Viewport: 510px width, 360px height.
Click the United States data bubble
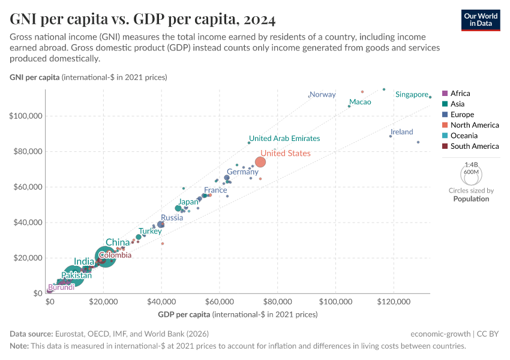click(260, 162)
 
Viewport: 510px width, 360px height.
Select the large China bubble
click(106, 256)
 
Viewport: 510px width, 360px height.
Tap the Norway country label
click(323, 94)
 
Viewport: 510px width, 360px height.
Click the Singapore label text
click(411, 94)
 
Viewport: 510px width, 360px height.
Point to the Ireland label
click(401, 132)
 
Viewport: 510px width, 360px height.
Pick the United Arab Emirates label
click(284, 138)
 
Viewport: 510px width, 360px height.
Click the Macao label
click(360, 102)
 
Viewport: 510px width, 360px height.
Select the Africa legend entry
click(460, 94)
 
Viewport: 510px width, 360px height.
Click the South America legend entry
click(474, 146)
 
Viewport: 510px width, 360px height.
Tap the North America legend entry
click(475, 125)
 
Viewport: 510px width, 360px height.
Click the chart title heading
click(143, 20)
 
